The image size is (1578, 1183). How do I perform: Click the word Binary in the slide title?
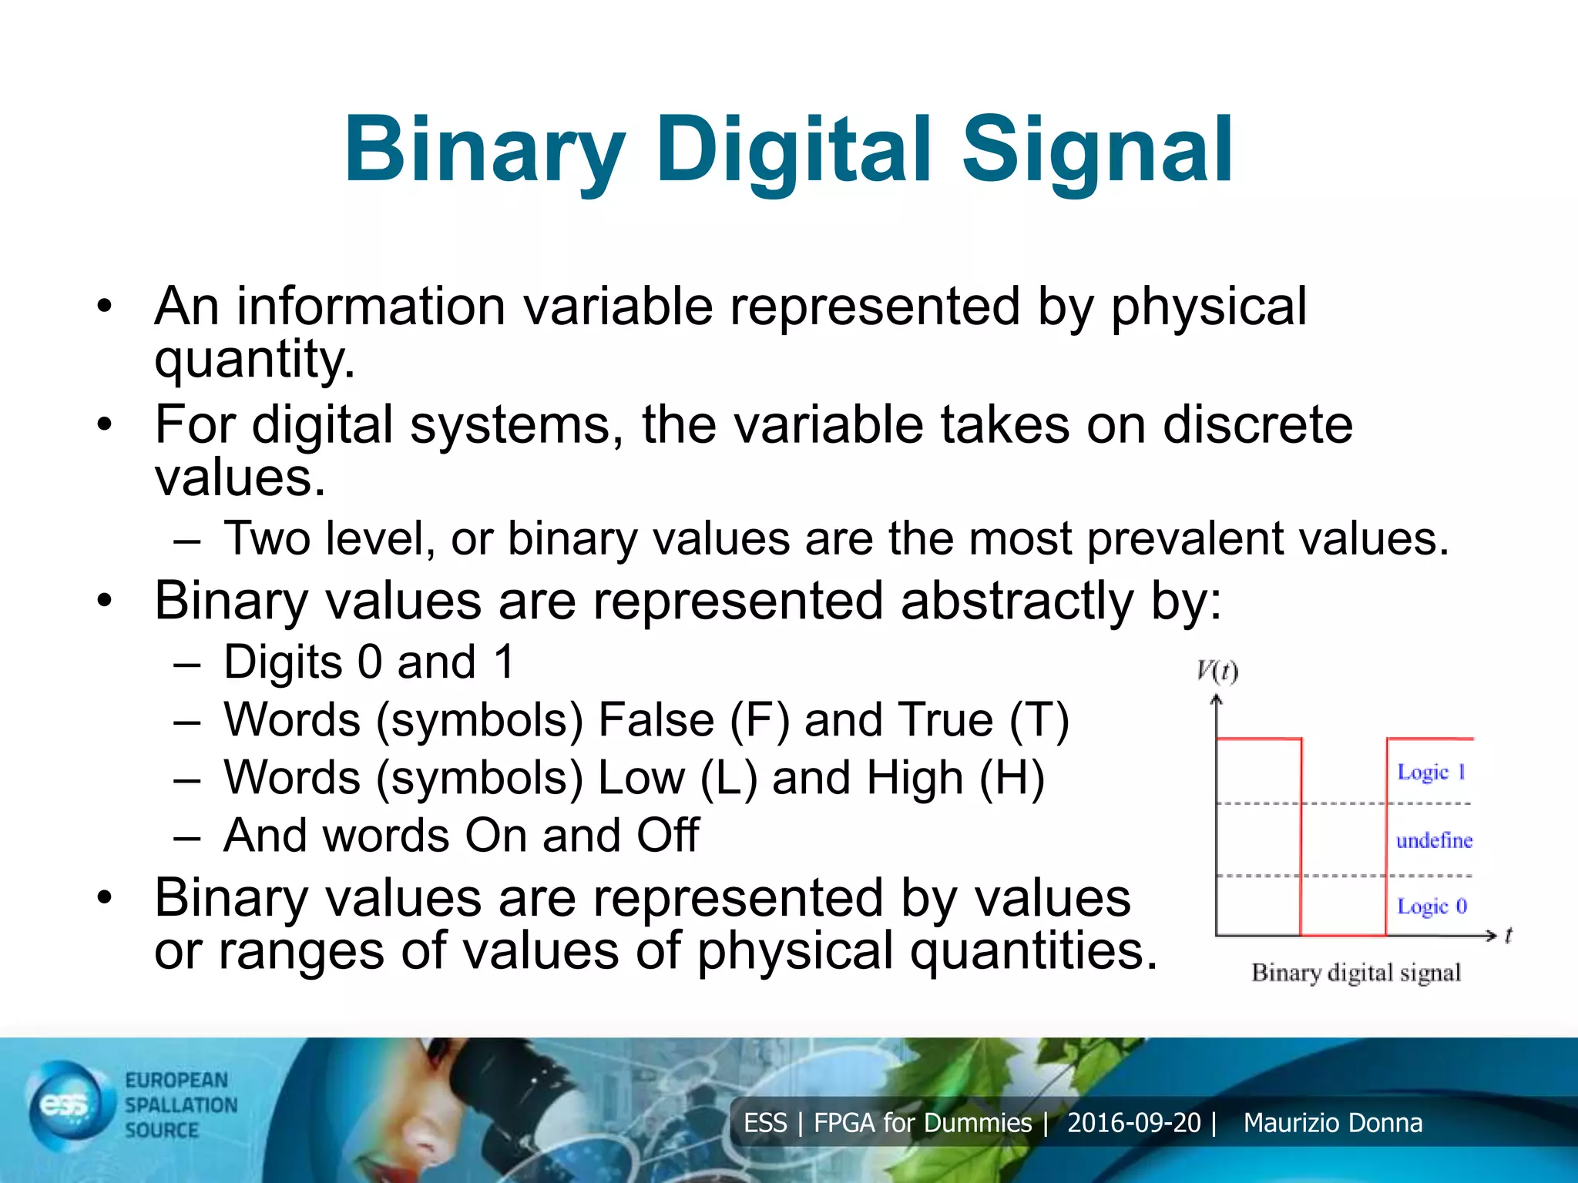click(x=484, y=151)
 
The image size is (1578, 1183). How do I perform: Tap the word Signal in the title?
click(x=1097, y=151)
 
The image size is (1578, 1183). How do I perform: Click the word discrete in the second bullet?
click(x=1257, y=425)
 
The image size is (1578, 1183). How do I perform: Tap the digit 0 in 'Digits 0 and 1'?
click(x=370, y=662)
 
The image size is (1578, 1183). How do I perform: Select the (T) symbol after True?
click(x=1039, y=721)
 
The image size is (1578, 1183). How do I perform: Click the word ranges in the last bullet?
click(x=300, y=951)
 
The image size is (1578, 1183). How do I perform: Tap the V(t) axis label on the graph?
click(x=1217, y=672)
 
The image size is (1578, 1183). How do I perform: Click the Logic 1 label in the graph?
click(x=1431, y=772)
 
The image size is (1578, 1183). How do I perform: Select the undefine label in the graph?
click(x=1434, y=840)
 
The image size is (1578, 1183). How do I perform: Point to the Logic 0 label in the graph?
click(x=1432, y=907)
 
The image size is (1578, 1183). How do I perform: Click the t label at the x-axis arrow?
click(x=1508, y=935)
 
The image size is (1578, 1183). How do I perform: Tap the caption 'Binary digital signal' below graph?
click(x=1356, y=973)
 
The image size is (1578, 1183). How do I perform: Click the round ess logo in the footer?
click(x=65, y=1106)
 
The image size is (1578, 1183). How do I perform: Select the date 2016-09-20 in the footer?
click(x=1133, y=1123)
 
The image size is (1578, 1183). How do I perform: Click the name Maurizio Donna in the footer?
click(x=1332, y=1123)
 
